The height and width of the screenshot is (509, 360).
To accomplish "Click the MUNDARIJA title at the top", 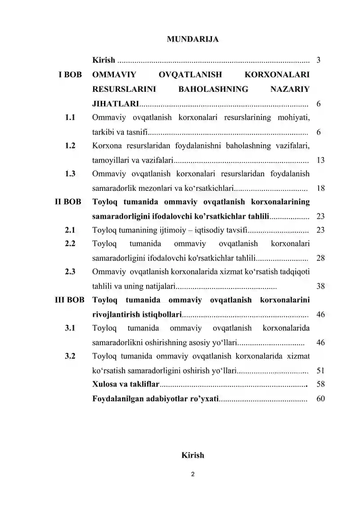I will pyautogui.click(x=193, y=39).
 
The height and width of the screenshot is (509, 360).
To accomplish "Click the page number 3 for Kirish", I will pyautogui.click(x=319, y=60).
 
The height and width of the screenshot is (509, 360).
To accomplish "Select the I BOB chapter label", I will pyautogui.click(x=70, y=75).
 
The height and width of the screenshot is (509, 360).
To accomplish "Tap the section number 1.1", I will pyautogui.click(x=70, y=118).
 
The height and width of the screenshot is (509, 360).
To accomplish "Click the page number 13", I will pyautogui.click(x=321, y=160).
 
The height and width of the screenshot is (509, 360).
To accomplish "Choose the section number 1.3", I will pyautogui.click(x=70, y=174).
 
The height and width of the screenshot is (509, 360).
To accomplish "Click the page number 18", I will pyautogui.click(x=321, y=188).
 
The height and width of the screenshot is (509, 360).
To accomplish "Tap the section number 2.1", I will pyautogui.click(x=70, y=230).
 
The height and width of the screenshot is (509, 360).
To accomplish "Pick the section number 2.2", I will pyautogui.click(x=70, y=244).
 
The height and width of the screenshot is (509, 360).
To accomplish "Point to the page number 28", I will pyautogui.click(x=321, y=258).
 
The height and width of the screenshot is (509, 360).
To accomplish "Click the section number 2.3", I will pyautogui.click(x=70, y=272).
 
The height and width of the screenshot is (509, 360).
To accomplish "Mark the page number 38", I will pyautogui.click(x=321, y=286).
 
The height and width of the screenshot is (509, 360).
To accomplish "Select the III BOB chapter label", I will pyautogui.click(x=66, y=300).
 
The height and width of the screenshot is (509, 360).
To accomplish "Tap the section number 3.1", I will pyautogui.click(x=70, y=328).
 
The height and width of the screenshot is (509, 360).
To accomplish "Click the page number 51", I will pyautogui.click(x=321, y=371).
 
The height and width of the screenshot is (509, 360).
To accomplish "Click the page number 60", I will pyautogui.click(x=321, y=399).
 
